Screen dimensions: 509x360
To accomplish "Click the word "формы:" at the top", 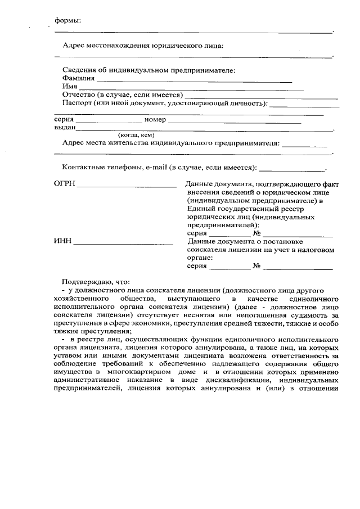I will pyautogui.click(x=67, y=21).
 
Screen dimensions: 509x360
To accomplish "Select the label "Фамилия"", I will pyautogui.click(x=79, y=78).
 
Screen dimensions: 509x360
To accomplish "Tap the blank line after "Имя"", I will pyautogui.click(x=191, y=90).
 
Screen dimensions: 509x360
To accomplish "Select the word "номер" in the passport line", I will pyautogui.click(x=155, y=119).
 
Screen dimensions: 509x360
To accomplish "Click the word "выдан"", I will pyautogui.click(x=65, y=128).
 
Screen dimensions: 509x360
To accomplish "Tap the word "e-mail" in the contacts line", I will pyautogui.click(x=156, y=168).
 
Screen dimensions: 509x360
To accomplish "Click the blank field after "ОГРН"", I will pyautogui.click(x=127, y=185).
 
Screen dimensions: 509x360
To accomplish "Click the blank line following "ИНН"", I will pyautogui.click(x=123, y=244).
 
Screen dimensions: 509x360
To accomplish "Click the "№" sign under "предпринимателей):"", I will pyautogui.click(x=256, y=233).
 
